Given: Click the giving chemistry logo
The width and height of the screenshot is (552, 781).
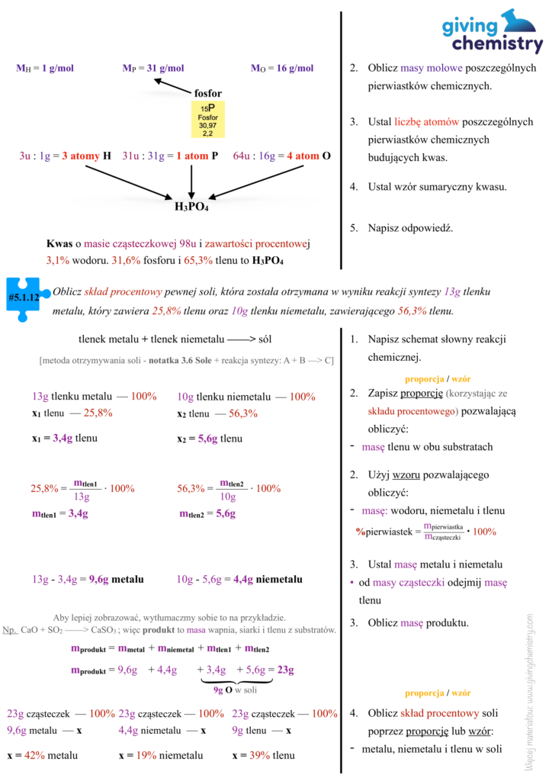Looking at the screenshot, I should pyautogui.click(x=493, y=32).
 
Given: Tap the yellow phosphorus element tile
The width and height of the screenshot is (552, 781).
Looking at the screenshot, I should pyautogui.click(x=207, y=119).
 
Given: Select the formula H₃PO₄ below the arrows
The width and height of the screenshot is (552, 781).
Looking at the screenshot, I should pyautogui.click(x=191, y=206).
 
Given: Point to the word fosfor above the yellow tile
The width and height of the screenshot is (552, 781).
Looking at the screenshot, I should pyautogui.click(x=207, y=93).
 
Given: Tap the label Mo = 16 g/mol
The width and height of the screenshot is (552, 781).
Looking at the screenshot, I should pyautogui.click(x=282, y=68).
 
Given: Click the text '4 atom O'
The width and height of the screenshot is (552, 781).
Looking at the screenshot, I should pyautogui.click(x=308, y=156).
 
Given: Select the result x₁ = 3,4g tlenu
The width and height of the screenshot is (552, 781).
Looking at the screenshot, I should pyautogui.click(x=65, y=439).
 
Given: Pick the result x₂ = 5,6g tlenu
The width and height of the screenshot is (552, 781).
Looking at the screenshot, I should pyautogui.click(x=210, y=439).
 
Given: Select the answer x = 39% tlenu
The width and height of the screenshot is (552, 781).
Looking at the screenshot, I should pyautogui.click(x=263, y=755).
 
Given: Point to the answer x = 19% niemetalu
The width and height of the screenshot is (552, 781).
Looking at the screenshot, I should pyautogui.click(x=161, y=755).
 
